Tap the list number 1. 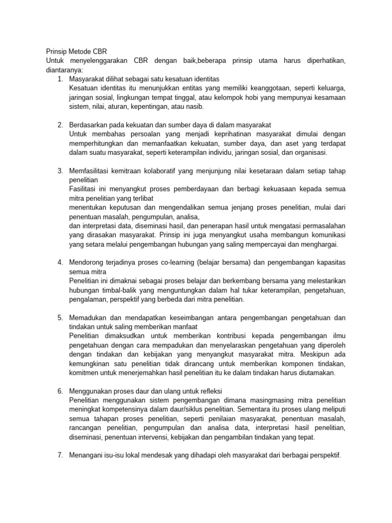(60, 79)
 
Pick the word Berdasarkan (90, 125)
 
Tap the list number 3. (60, 171)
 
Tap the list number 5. (60, 318)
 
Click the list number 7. (60, 455)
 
